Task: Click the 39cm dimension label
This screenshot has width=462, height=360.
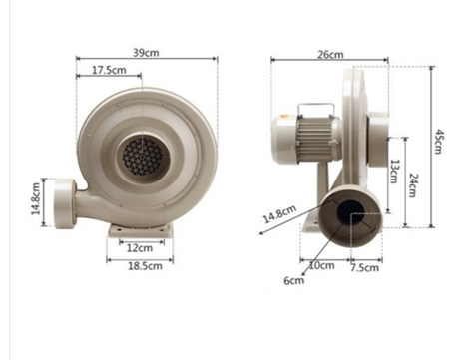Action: (146, 53)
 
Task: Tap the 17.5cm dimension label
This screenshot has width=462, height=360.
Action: (109, 70)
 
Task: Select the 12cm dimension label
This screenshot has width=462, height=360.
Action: (140, 248)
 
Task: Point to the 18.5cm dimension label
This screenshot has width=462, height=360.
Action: (146, 266)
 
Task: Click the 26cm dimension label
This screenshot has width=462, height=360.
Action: (330, 54)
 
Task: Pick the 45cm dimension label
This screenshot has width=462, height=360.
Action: (439, 142)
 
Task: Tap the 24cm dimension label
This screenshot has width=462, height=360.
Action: (413, 185)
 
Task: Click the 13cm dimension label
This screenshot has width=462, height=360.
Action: (394, 172)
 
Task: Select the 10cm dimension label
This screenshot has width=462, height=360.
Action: (322, 265)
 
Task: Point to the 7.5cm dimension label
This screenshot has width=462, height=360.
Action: (365, 267)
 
